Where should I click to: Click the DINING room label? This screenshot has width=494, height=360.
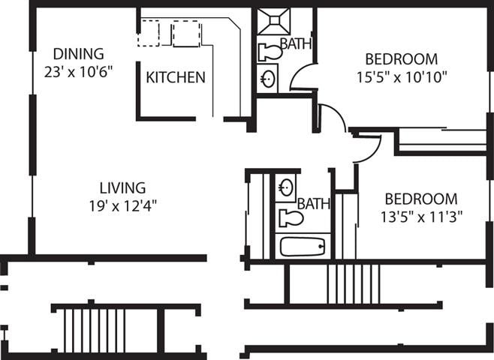point(78,54)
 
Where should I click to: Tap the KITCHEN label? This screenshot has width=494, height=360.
point(175,77)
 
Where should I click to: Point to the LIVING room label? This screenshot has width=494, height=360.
point(123,187)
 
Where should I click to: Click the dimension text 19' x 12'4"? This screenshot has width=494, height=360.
point(123,204)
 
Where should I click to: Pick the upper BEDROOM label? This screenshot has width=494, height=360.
point(401,59)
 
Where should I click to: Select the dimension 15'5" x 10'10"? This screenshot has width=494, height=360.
point(401,76)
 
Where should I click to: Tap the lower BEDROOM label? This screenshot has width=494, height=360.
point(420,199)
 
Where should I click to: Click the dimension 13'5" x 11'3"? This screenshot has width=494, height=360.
point(420,217)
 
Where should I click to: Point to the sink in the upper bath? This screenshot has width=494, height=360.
point(268,78)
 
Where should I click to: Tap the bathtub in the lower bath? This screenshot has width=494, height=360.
point(302,245)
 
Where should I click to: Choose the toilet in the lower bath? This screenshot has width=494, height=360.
point(289,218)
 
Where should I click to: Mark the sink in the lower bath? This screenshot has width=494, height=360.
point(285,187)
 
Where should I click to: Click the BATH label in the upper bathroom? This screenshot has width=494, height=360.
point(295,43)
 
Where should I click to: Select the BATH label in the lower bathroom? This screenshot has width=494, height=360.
point(311,203)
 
